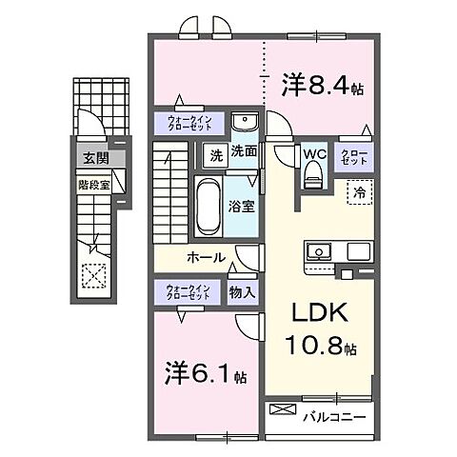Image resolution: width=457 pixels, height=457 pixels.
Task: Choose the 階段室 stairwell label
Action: [92, 186]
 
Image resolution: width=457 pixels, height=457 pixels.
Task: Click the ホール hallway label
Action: [206, 257]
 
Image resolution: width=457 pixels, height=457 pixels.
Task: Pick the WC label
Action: [315, 152]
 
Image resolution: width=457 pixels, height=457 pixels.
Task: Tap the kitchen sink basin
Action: [318, 252]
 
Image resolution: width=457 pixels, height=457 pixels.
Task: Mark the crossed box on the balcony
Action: [284, 411]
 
